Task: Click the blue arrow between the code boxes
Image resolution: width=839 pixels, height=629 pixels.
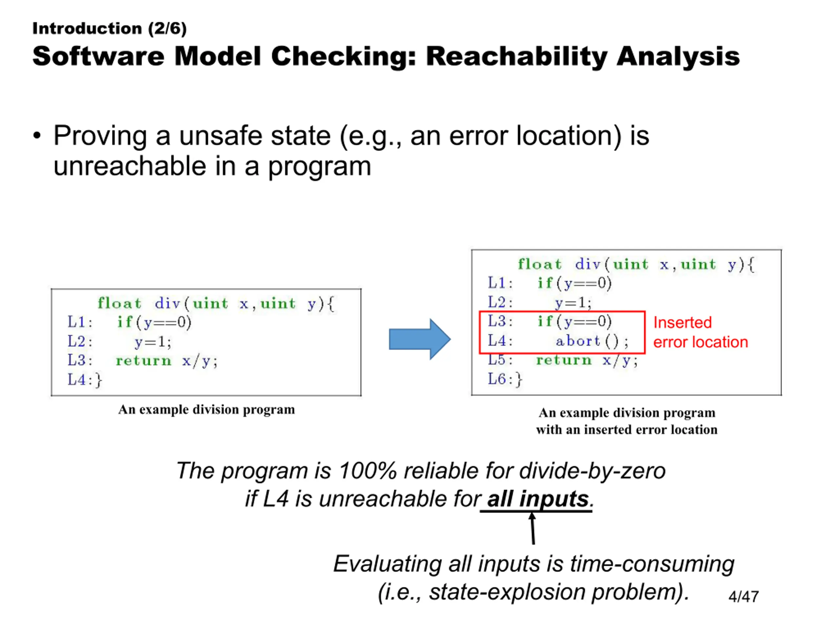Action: pyautogui.click(x=420, y=339)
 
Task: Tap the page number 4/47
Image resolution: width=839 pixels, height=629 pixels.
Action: pyautogui.click(x=743, y=596)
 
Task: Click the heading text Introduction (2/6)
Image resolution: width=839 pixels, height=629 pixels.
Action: pyautogui.click(x=109, y=29)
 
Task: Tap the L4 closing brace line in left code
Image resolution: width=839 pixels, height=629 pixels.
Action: pyautogui.click(x=85, y=379)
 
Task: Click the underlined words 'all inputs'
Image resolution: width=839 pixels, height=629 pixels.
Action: pyautogui.click(x=538, y=499)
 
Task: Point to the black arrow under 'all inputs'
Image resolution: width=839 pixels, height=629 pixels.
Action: pyautogui.click(x=533, y=528)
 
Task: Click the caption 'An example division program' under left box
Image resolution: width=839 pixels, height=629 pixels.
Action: pyautogui.click(x=206, y=410)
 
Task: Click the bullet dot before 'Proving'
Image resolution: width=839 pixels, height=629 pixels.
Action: pyautogui.click(x=37, y=136)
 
